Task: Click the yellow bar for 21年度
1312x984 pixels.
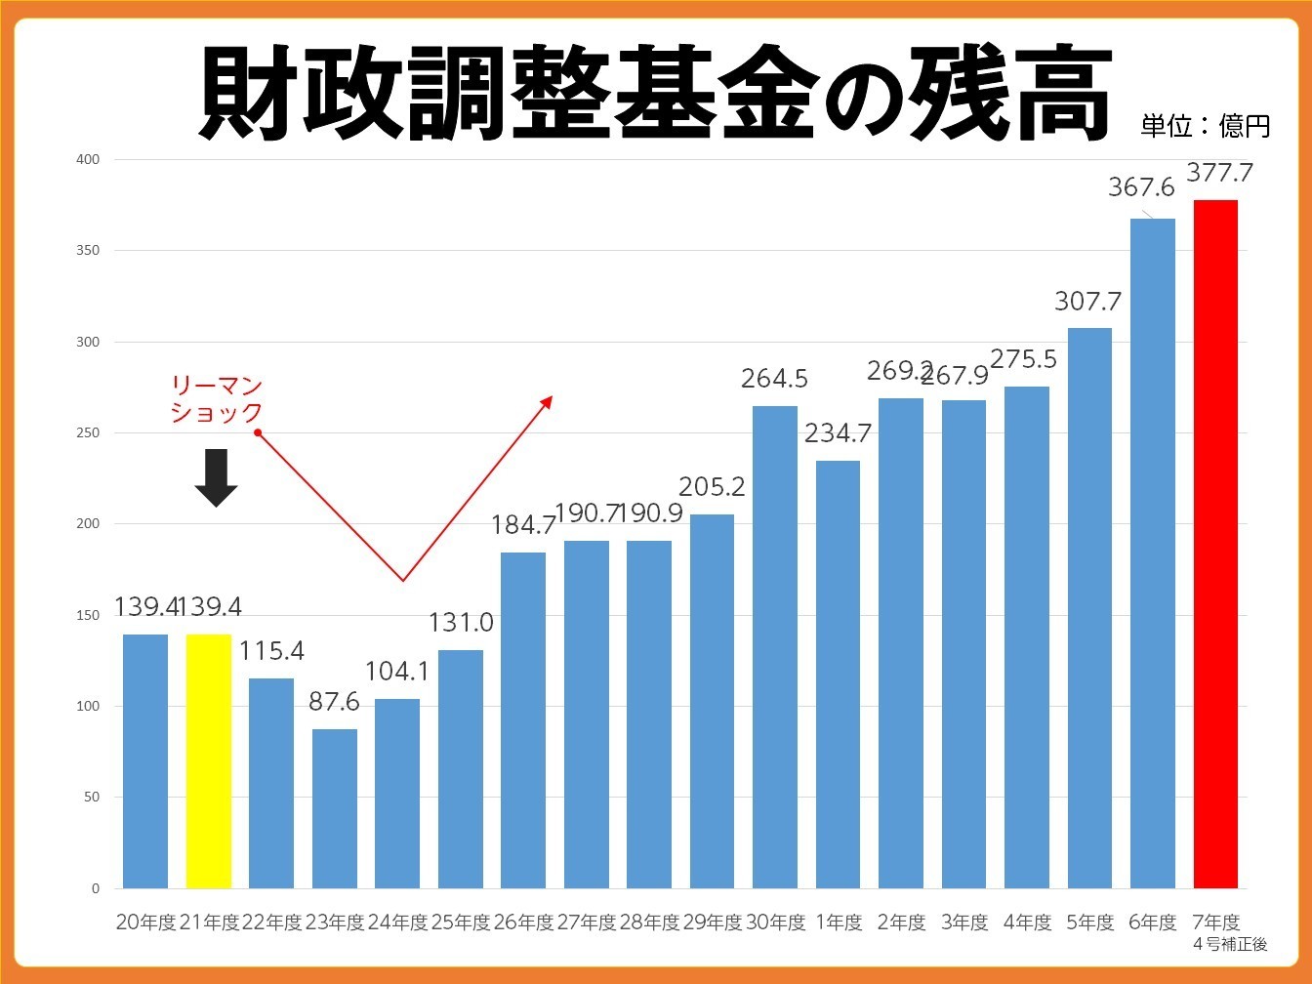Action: click(x=208, y=761)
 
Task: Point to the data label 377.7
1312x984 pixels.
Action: click(x=1219, y=173)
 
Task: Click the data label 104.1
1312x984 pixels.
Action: click(x=397, y=671)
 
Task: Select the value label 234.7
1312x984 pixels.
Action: click(x=838, y=432)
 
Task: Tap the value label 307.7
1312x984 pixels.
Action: click(x=1087, y=301)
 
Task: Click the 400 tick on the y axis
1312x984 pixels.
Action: click(x=88, y=159)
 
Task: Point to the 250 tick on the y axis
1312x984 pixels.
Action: click(x=88, y=432)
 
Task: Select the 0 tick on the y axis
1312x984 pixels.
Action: click(x=95, y=888)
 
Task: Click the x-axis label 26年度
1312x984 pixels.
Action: click(x=523, y=922)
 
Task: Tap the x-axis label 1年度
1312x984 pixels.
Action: click(x=839, y=922)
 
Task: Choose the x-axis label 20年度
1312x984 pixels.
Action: click(x=145, y=922)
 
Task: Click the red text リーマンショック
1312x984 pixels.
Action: click(x=216, y=399)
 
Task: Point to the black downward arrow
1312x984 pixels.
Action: click(x=216, y=477)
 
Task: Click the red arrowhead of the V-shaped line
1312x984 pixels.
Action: click(x=547, y=400)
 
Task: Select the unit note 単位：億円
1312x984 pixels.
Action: click(x=1205, y=126)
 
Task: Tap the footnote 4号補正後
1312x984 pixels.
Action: click(x=1230, y=944)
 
